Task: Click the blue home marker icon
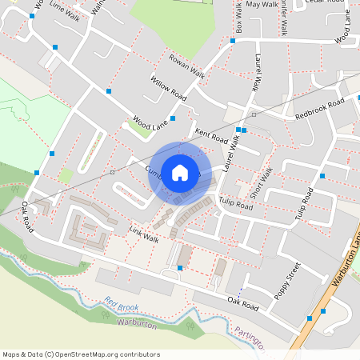click(x=179, y=172)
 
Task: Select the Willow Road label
click(x=168, y=87)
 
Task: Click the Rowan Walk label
click(x=186, y=66)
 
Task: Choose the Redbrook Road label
click(x=318, y=110)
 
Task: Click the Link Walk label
click(x=144, y=234)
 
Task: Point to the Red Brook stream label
click(x=121, y=305)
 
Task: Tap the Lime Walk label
click(x=64, y=10)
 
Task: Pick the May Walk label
click(x=262, y=5)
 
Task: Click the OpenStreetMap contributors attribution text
click(x=82, y=354)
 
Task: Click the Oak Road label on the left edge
click(x=29, y=218)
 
